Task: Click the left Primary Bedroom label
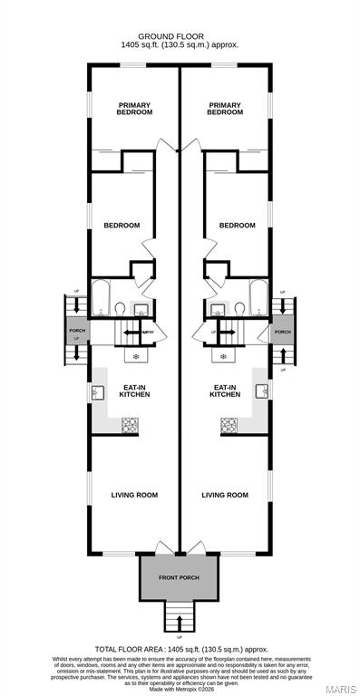click(x=134, y=108)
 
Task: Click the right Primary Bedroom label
click(x=224, y=108)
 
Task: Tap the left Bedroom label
click(x=122, y=225)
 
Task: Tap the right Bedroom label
click(x=237, y=225)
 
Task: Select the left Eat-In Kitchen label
click(x=134, y=391)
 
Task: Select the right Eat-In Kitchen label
click(x=224, y=391)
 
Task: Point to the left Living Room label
click(x=134, y=495)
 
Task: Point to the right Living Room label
click(x=224, y=495)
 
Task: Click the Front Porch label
click(x=179, y=577)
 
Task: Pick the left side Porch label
click(x=76, y=331)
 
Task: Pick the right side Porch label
click(x=283, y=332)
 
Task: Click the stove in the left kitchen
click(x=130, y=423)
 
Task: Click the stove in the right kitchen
click(x=229, y=423)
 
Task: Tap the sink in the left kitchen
click(x=97, y=392)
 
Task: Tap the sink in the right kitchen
click(x=261, y=392)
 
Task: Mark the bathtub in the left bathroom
click(x=102, y=296)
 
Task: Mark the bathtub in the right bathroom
click(x=258, y=296)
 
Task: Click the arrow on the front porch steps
click(x=180, y=623)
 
